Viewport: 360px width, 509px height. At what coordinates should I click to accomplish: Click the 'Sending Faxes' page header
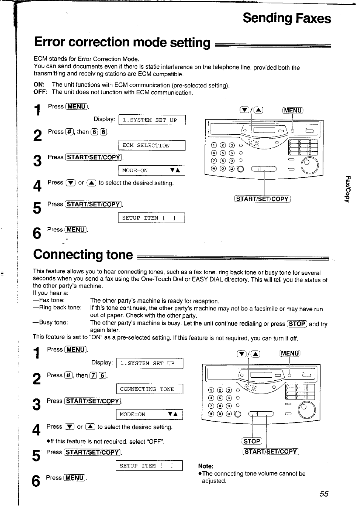point(287,18)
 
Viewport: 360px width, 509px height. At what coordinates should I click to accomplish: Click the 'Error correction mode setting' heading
point(122,42)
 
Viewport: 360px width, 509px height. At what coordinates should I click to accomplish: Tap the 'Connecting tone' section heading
point(83,254)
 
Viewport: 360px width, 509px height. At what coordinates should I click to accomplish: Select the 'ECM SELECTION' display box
point(152,146)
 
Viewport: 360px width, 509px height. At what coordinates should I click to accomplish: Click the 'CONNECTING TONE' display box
point(149,389)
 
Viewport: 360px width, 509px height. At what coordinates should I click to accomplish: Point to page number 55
point(324,494)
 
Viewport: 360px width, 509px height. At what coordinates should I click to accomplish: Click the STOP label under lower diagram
point(252,441)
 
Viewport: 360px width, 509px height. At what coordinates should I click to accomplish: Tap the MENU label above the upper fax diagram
point(293,111)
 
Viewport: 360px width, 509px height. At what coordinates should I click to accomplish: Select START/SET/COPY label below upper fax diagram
point(263,199)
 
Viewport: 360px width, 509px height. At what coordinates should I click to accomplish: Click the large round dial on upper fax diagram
point(309,165)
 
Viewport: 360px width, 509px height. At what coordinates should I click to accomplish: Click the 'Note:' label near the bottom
point(206,466)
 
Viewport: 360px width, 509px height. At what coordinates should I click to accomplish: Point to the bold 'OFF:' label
point(40,92)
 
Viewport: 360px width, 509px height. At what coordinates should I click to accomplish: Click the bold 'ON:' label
point(39,85)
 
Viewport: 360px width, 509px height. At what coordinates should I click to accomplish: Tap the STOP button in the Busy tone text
point(297,323)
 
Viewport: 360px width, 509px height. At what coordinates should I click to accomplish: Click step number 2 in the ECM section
point(37,135)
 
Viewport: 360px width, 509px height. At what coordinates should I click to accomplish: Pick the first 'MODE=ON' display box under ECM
point(151,171)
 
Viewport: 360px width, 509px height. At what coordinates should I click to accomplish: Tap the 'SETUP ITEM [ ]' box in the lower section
point(149,466)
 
